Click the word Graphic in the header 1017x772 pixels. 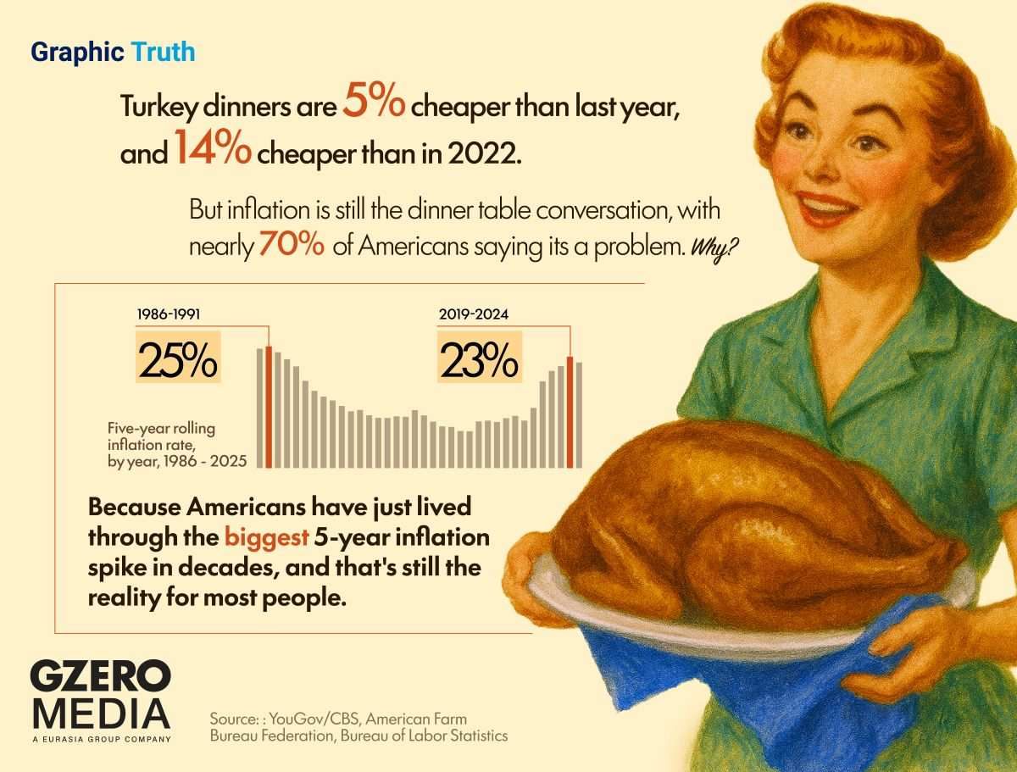(78, 53)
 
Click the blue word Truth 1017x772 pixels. (163, 53)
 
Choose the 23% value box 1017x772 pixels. (478, 358)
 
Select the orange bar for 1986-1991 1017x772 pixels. (270, 407)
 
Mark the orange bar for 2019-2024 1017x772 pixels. (570, 412)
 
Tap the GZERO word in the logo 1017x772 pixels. (100, 678)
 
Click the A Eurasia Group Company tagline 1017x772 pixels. (100, 740)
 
